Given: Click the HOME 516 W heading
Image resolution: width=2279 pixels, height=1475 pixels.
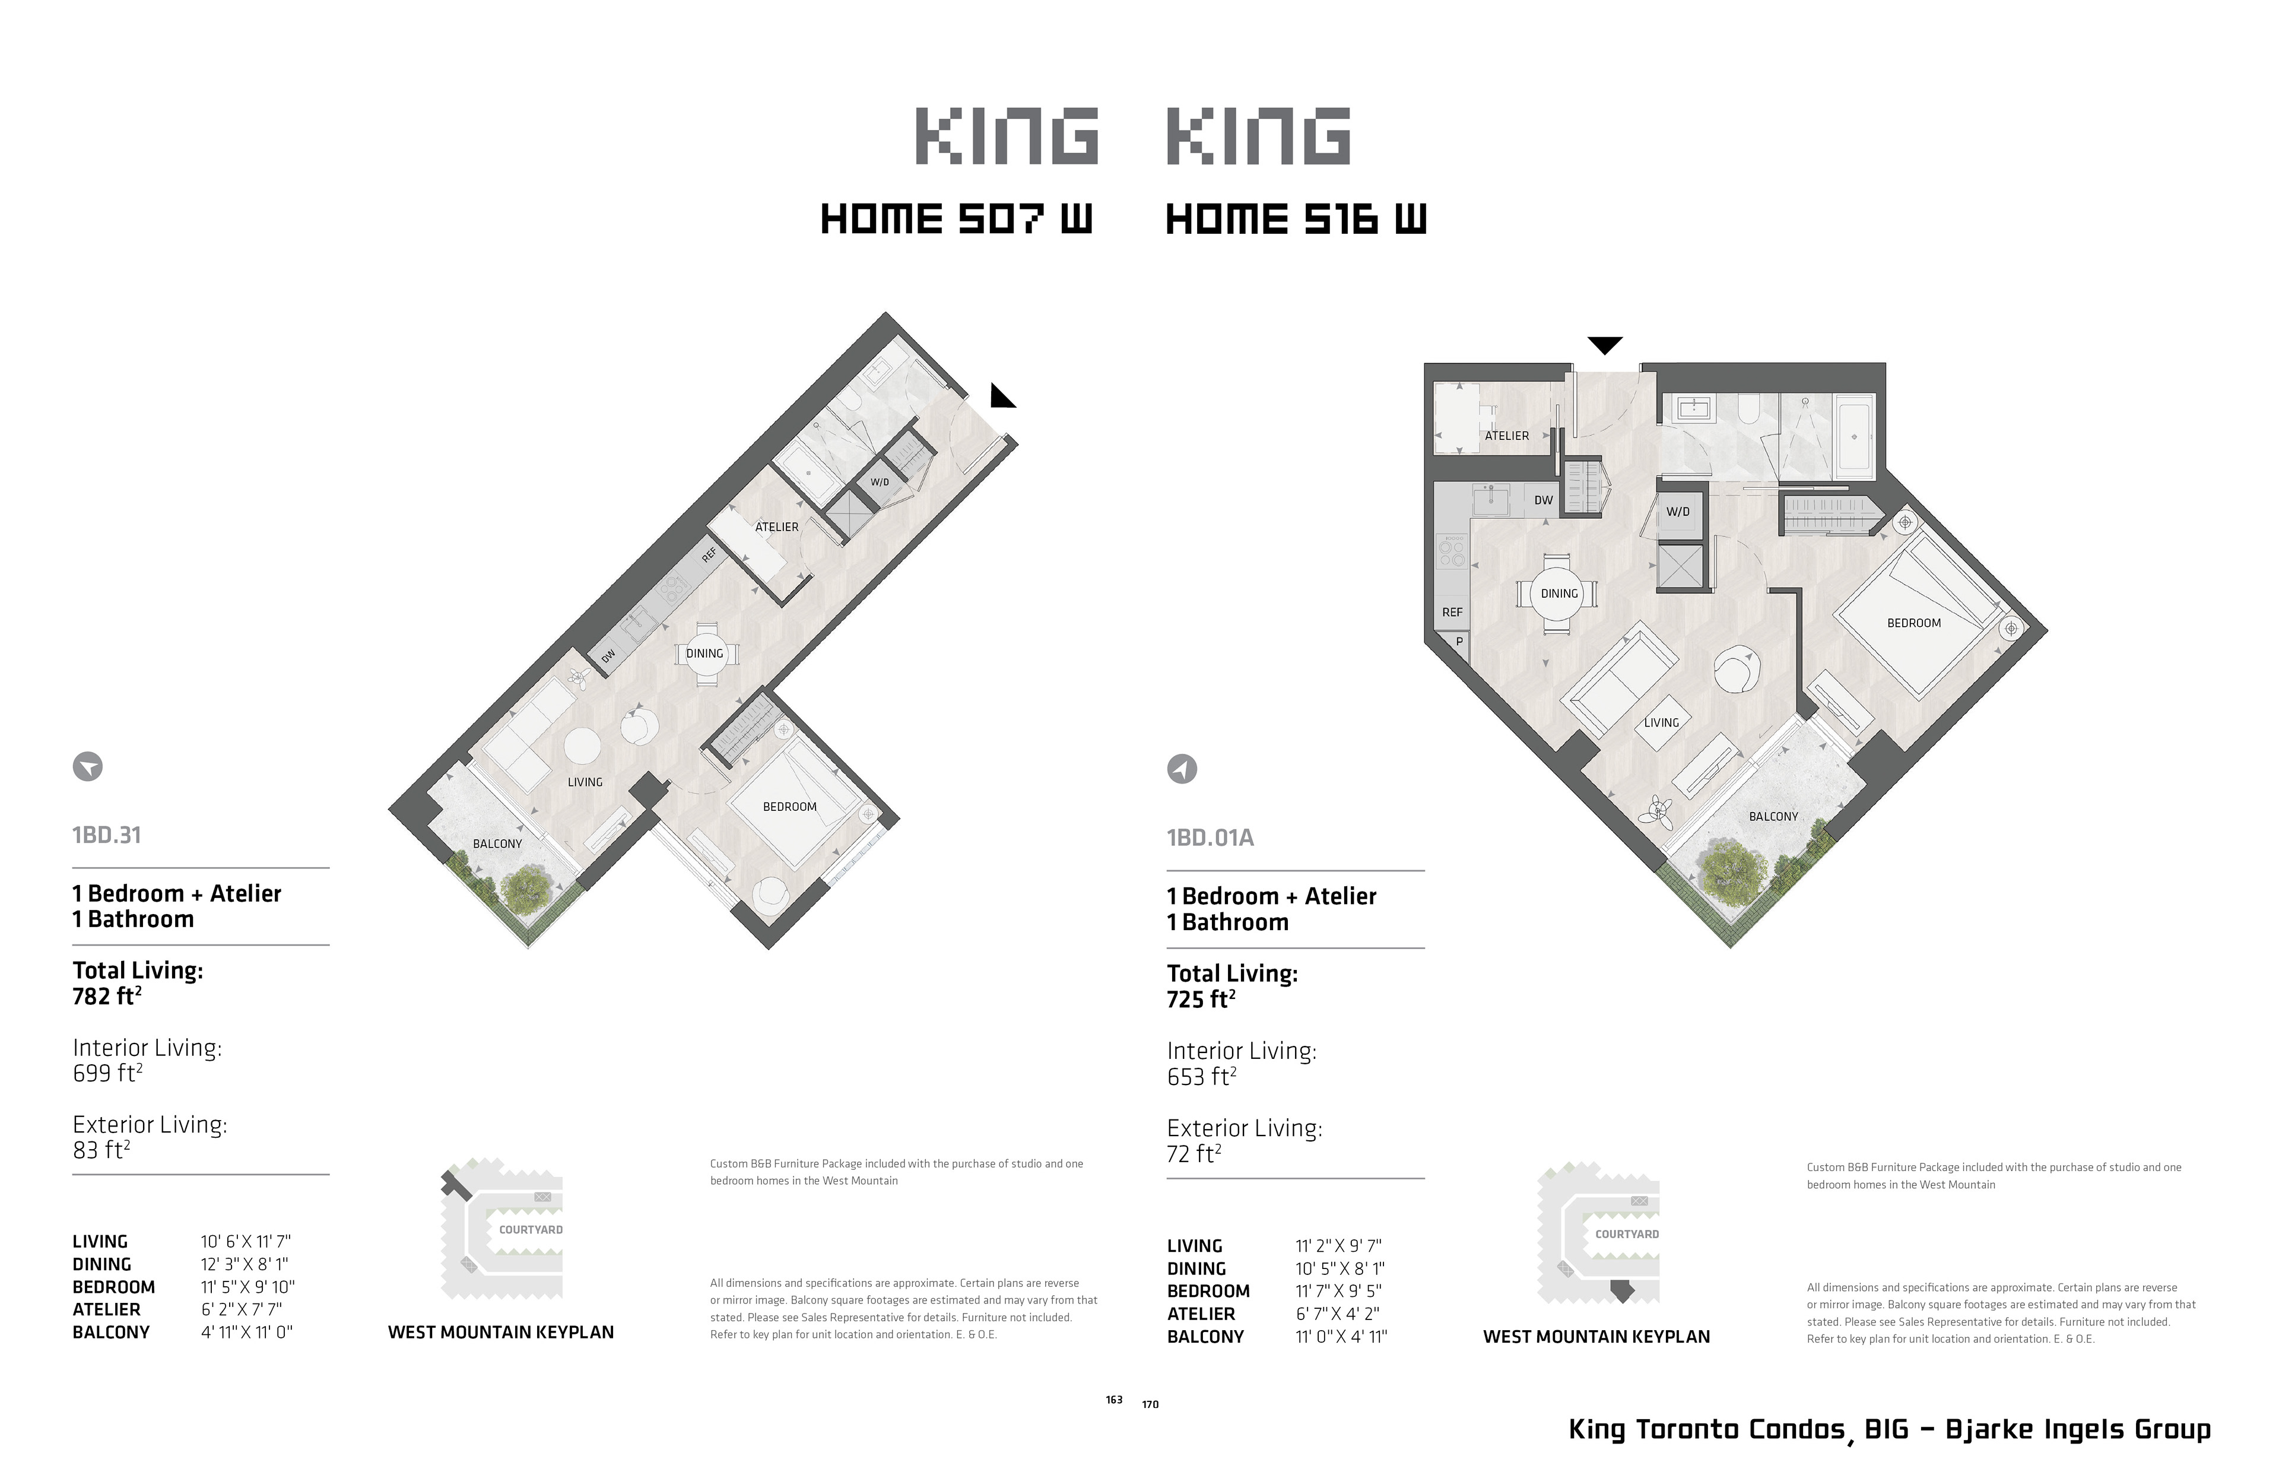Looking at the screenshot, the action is click(x=1296, y=220).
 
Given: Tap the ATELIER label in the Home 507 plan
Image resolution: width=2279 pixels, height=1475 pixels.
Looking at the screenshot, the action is click(x=777, y=527).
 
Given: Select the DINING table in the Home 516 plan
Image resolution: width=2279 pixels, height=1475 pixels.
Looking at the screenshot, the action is click(x=1559, y=594).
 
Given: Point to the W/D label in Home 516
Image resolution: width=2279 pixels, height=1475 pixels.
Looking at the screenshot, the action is click(x=1678, y=512).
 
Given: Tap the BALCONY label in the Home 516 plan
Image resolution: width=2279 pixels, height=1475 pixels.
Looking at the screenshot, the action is click(x=1773, y=817).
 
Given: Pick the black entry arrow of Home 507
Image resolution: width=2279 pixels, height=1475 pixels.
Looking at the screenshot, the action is click(x=1002, y=395).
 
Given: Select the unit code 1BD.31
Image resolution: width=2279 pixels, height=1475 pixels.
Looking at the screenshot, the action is click(x=106, y=835).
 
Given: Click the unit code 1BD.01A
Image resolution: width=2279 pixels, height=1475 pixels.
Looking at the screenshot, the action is click(x=1210, y=838).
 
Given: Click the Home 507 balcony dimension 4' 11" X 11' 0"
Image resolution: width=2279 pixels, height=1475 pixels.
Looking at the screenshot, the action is click(x=246, y=1333).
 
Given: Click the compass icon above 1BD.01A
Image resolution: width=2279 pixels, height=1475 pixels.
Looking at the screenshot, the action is click(x=1182, y=769).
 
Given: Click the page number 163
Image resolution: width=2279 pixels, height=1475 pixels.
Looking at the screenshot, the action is click(x=1113, y=1400).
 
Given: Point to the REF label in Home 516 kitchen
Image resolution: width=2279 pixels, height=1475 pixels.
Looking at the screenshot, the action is click(x=1452, y=612).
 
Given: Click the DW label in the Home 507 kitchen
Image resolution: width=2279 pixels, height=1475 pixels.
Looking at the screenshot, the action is click(x=608, y=656).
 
